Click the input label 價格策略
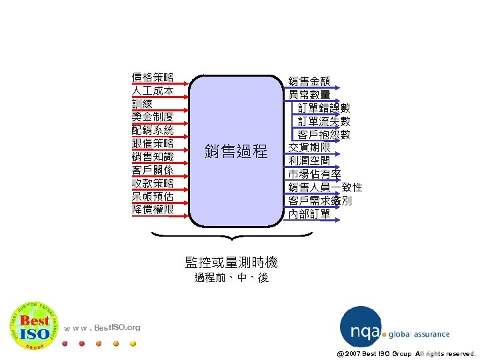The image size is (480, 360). [x=153, y=77]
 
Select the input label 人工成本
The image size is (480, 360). [x=153, y=91]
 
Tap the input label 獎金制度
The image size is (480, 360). [x=153, y=117]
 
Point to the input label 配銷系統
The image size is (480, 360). [x=153, y=130]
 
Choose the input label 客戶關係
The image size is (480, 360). [x=153, y=170]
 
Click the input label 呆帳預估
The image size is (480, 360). [x=153, y=197]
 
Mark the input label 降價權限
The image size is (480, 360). [x=153, y=209]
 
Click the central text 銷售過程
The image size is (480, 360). [x=236, y=151]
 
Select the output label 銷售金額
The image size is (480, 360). [x=309, y=81]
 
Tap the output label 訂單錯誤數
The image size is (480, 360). [x=323, y=108]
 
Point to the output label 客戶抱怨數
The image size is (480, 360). [x=323, y=135]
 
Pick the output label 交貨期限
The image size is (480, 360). [x=309, y=147]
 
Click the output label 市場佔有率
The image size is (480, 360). [x=315, y=174]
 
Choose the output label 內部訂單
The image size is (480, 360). [x=309, y=214]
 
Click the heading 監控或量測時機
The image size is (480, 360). [x=231, y=262]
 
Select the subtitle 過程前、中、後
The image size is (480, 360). [x=231, y=277]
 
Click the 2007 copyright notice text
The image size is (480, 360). [x=406, y=353]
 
